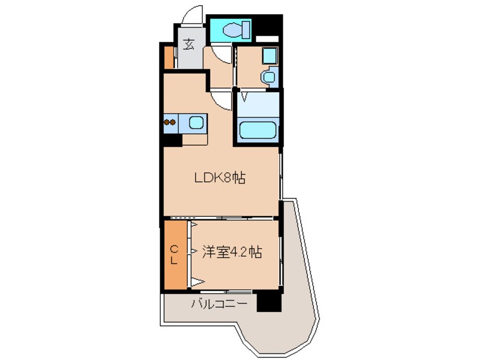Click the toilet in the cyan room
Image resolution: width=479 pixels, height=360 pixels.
tap(237, 30)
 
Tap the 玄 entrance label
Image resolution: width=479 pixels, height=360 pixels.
tap(189, 45)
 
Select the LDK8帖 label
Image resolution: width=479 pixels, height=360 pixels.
tap(220, 177)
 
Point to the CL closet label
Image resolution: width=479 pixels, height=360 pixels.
tap(174, 255)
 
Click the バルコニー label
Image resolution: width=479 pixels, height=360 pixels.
tap(219, 304)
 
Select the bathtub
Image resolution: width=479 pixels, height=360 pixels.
tap(258, 130)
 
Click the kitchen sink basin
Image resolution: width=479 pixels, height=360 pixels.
tap(196, 123)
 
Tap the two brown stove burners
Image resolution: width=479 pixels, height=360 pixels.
tap(169, 122)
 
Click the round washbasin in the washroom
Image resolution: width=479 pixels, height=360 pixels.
tap(268, 76)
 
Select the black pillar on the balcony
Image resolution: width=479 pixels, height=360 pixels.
tap(269, 302)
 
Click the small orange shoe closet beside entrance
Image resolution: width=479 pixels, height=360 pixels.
tap(169, 57)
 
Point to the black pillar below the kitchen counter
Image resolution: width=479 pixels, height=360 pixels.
tap(173, 140)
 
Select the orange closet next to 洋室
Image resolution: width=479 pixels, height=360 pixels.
tap(176, 255)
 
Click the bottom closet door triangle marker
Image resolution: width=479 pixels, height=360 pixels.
tap(198, 281)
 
